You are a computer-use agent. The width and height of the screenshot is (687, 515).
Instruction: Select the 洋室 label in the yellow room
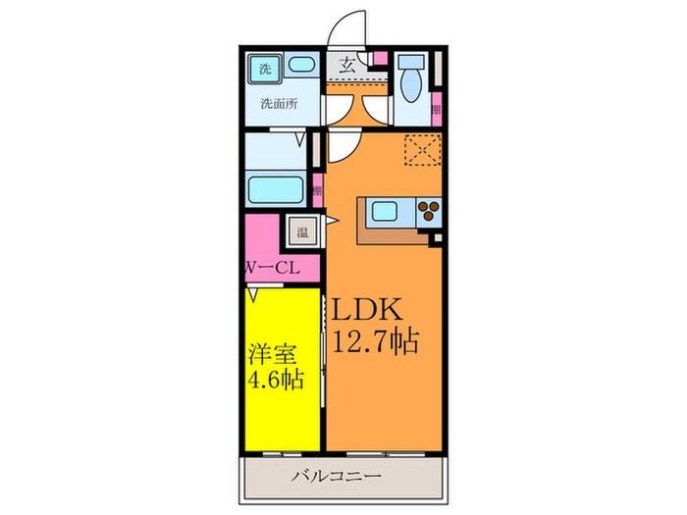point(269,350)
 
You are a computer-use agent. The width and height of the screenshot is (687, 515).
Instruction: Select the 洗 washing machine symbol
point(263,70)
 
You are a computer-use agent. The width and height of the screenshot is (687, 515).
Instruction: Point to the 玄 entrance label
point(347,67)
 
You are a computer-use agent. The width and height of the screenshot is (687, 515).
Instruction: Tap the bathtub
point(277,187)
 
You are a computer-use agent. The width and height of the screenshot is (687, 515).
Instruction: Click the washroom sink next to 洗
point(299,68)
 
